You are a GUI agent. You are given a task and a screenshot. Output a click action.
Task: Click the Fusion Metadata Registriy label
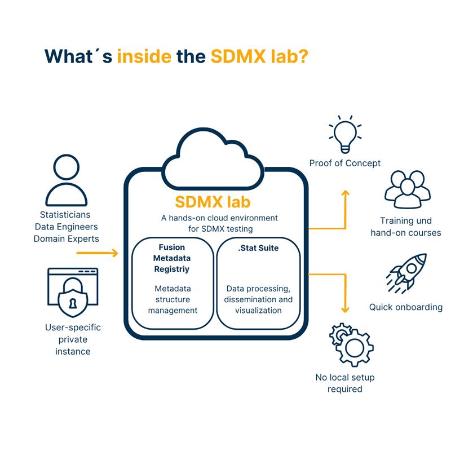[x=173, y=258]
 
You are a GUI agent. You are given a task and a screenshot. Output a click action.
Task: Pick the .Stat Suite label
[x=258, y=247]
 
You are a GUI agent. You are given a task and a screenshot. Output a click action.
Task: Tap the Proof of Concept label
[x=344, y=163]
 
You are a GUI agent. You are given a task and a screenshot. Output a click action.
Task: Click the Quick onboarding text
[x=405, y=307]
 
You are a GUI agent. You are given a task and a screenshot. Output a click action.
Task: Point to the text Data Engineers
[x=66, y=227]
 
